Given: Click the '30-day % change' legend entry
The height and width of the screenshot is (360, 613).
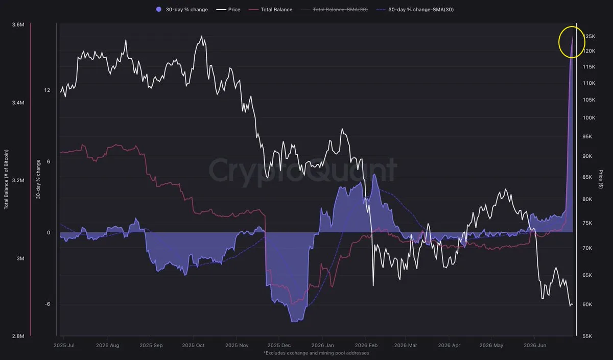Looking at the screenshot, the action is pyautogui.click(x=182, y=10).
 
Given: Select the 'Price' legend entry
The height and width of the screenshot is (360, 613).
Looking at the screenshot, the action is pyautogui.click(x=228, y=10).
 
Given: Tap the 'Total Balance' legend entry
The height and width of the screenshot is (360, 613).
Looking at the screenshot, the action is pyautogui.click(x=270, y=10).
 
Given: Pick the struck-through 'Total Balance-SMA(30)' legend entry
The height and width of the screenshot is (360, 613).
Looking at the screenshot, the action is pyautogui.click(x=335, y=10).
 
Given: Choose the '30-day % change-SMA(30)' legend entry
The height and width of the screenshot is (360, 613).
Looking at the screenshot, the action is pyautogui.click(x=415, y=10).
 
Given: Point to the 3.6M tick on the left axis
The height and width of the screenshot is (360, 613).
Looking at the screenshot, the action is pyautogui.click(x=18, y=25).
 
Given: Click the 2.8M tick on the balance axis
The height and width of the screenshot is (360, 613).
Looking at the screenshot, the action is pyautogui.click(x=18, y=336).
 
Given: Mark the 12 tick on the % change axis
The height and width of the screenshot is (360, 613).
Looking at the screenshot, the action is pyautogui.click(x=47, y=90).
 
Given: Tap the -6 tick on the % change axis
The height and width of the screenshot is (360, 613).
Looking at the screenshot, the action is pyautogui.click(x=48, y=304).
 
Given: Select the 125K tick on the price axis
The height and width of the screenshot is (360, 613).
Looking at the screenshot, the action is pyautogui.click(x=589, y=36).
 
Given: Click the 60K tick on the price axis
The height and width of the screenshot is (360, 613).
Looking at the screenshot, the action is pyautogui.click(x=587, y=304).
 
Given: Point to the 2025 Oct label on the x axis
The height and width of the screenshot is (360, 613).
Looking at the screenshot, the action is pyautogui.click(x=193, y=345).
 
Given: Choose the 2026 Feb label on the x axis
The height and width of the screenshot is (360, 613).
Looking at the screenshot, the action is pyautogui.click(x=366, y=345).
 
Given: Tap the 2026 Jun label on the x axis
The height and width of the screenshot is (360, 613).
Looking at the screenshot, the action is pyautogui.click(x=535, y=345).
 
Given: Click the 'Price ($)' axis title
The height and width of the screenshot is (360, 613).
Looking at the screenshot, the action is pyautogui.click(x=601, y=179).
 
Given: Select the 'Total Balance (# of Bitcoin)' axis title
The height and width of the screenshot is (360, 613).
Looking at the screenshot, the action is pyautogui.click(x=6, y=179).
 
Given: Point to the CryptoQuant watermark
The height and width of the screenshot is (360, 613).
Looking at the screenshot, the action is pyautogui.click(x=303, y=171).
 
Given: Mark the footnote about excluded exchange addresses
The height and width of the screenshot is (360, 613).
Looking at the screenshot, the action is pyautogui.click(x=316, y=353).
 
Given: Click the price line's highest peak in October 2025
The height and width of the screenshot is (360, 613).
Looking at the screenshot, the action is pyautogui.click(x=202, y=36).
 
